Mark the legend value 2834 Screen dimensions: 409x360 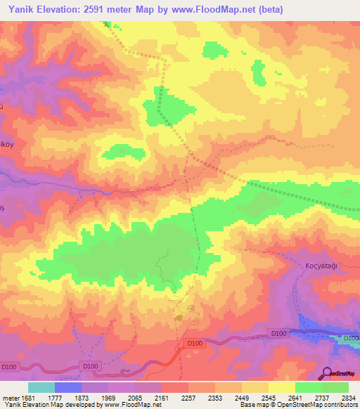[x=348, y=398]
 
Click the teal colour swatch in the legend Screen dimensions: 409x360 [x=41, y=387]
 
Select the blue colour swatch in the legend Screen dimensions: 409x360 [x=68, y=387]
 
